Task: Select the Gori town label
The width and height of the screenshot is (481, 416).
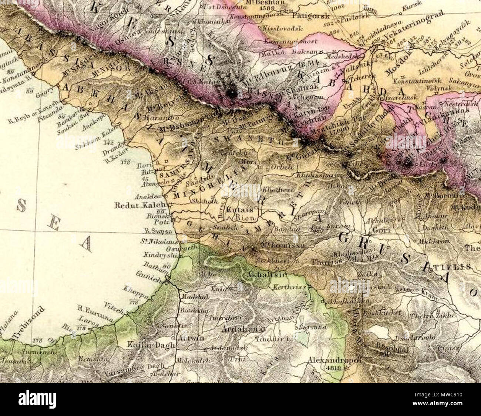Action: [x=381, y=230]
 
